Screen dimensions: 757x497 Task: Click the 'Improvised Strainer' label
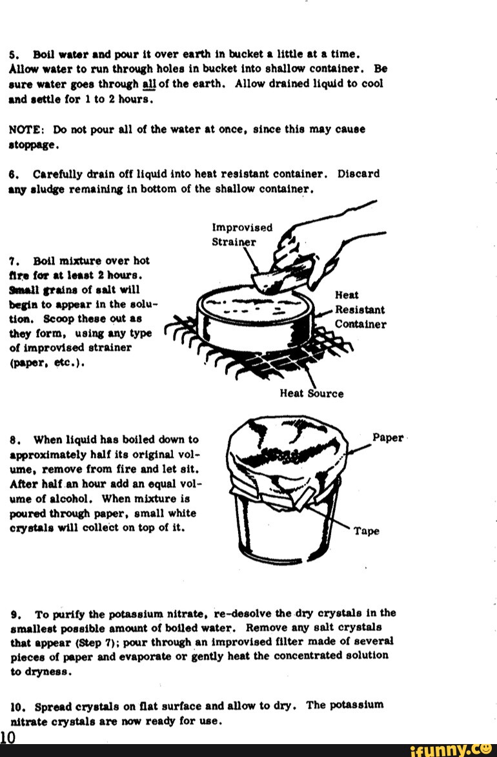click(242, 235)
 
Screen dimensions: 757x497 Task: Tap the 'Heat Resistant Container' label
click(360, 309)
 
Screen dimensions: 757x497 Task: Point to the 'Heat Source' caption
click(311, 393)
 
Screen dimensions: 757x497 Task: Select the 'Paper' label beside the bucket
click(388, 438)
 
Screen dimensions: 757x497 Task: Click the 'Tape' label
click(366, 532)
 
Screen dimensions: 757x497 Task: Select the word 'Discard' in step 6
click(359, 174)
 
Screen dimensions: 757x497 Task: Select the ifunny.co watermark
click(451, 749)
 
